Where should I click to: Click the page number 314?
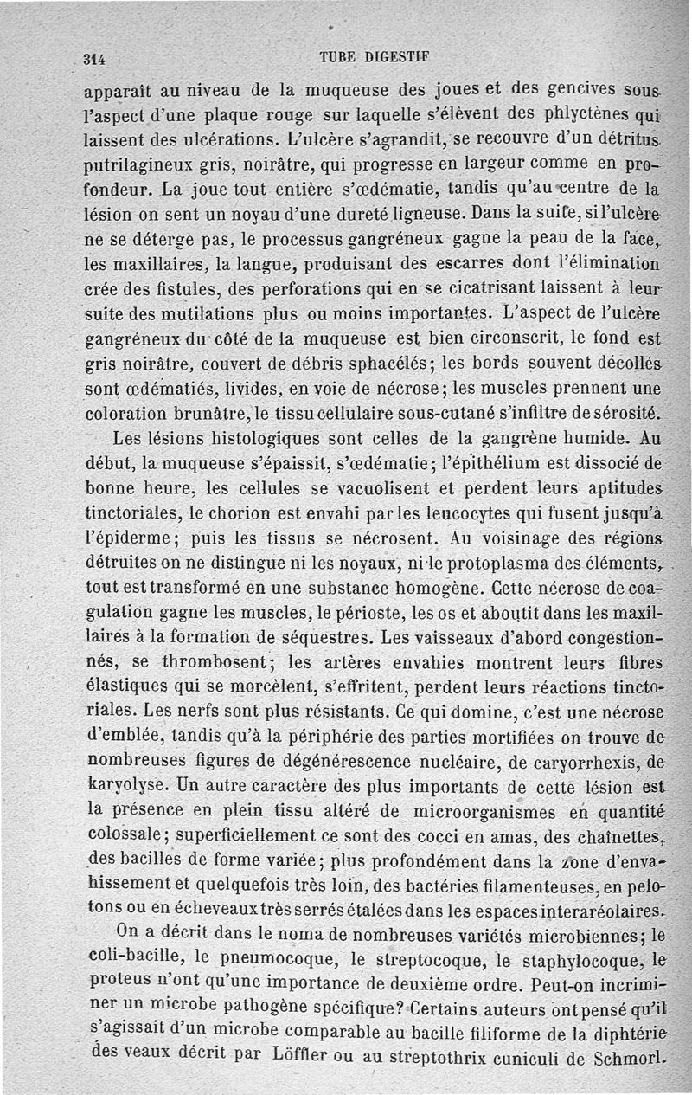point(93,59)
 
